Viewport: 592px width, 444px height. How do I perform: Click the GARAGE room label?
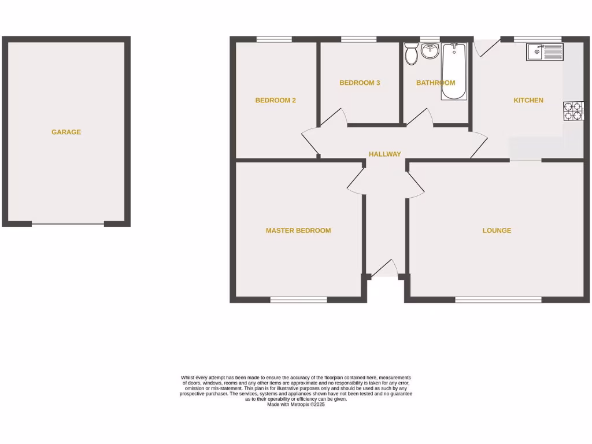pyautogui.click(x=66, y=132)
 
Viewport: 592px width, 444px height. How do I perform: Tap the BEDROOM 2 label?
pyautogui.click(x=276, y=100)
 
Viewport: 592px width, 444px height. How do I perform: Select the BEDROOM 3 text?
pyautogui.click(x=360, y=83)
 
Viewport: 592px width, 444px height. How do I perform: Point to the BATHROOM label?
pyautogui.click(x=435, y=83)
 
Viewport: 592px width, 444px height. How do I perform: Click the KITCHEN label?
pyautogui.click(x=528, y=100)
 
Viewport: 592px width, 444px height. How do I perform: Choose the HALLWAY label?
pyautogui.click(x=385, y=154)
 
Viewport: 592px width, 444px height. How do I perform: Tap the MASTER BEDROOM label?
pyautogui.click(x=298, y=230)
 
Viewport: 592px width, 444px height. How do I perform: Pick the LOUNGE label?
pyautogui.click(x=497, y=230)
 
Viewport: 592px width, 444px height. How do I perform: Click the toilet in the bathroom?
pyautogui.click(x=412, y=53)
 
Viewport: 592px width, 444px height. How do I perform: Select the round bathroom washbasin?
pyautogui.click(x=430, y=52)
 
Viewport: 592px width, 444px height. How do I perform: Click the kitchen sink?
pyautogui.click(x=544, y=52)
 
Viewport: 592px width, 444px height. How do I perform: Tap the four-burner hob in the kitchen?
pyautogui.click(x=573, y=111)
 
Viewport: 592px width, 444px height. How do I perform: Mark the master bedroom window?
pyautogui.click(x=298, y=299)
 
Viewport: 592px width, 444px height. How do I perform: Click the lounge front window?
pyautogui.click(x=498, y=299)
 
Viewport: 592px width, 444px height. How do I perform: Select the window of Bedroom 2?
pyautogui.click(x=274, y=39)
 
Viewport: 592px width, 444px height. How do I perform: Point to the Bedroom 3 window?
pyautogui.click(x=359, y=39)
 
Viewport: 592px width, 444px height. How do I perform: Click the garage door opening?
pyautogui.click(x=68, y=224)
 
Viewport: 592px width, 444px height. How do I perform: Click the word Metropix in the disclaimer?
pyautogui.click(x=299, y=405)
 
